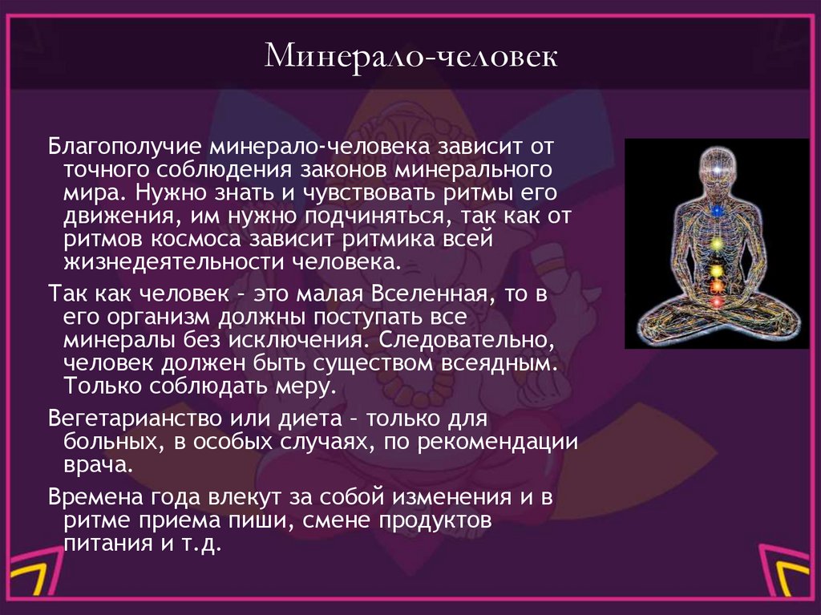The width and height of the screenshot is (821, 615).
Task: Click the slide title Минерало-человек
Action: (410, 59)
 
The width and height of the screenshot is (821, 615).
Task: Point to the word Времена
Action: (88, 496)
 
